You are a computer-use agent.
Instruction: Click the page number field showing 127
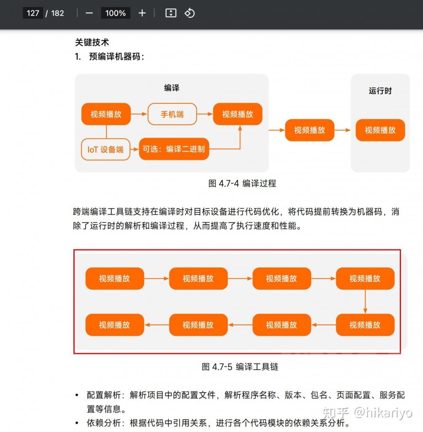pos(33,13)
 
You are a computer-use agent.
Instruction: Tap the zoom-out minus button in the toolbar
pos(89,13)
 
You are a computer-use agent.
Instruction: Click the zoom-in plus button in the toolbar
pos(142,13)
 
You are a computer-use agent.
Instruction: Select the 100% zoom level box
pos(116,13)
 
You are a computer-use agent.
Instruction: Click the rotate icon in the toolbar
pos(189,13)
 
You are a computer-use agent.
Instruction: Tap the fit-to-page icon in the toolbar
pos(171,13)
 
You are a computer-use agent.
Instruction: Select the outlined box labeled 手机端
pos(172,114)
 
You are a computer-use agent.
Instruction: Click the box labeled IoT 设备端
pos(105,149)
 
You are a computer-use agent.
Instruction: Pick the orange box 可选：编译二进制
pos(174,149)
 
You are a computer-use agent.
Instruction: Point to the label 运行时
pos(380,91)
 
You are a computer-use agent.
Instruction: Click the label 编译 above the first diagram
pos(172,88)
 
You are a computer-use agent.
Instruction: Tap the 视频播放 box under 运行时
pos(380,130)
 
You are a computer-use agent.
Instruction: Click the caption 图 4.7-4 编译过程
pos(242,184)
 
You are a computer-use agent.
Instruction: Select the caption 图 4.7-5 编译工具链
pos(240,367)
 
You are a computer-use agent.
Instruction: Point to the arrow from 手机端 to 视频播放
pos(205,114)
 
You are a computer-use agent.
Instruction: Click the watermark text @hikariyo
pos(383,412)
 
